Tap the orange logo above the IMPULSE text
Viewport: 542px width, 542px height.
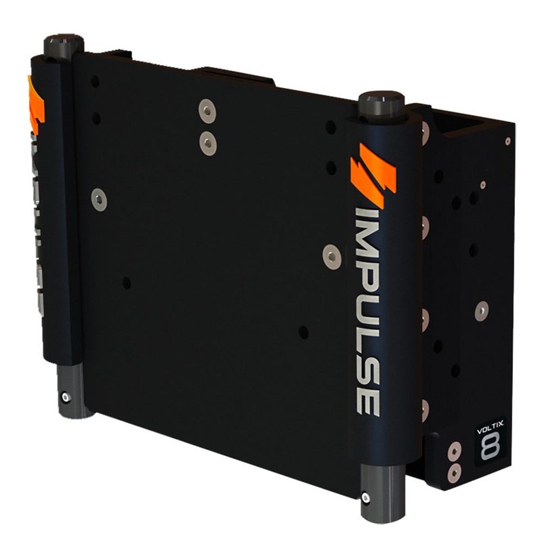372,174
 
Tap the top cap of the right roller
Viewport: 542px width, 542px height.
381,103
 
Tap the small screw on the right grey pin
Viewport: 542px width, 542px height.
366,498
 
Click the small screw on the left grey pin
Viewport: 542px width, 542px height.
65,398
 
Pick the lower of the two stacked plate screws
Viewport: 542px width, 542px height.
208,142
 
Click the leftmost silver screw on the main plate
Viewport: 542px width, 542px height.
100,199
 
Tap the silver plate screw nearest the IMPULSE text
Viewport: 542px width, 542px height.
332,255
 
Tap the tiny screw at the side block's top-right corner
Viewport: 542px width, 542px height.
507,141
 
